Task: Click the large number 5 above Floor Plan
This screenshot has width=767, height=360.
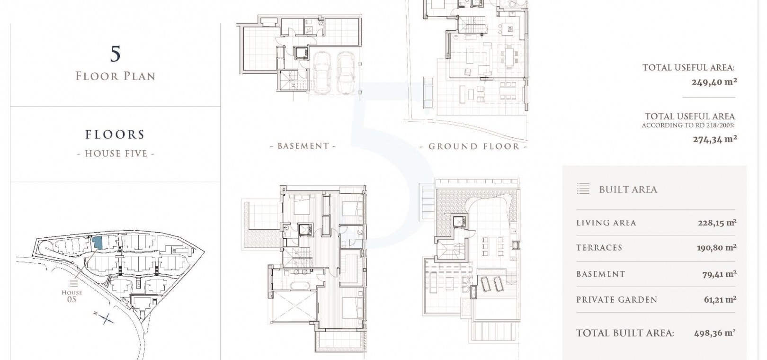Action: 116,54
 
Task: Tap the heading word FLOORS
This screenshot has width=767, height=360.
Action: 115,135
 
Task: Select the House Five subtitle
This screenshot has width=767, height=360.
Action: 116,153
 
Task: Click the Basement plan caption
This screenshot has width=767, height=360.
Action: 303,146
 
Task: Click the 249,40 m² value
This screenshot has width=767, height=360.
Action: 714,82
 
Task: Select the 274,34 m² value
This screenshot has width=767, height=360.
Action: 715,139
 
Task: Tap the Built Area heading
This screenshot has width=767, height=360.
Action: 628,190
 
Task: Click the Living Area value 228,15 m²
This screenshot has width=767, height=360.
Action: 717,223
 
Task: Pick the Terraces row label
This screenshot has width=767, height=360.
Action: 599,248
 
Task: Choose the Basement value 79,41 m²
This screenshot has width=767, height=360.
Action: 719,274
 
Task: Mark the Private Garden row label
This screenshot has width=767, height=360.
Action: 617,300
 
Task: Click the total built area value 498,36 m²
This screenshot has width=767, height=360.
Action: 714,333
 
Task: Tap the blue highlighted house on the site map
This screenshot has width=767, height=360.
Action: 97,243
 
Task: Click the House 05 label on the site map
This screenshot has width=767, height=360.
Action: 72,296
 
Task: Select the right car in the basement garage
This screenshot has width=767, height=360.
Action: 346,72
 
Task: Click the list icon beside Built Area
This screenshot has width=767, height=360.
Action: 583,189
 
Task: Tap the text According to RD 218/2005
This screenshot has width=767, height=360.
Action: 688,126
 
